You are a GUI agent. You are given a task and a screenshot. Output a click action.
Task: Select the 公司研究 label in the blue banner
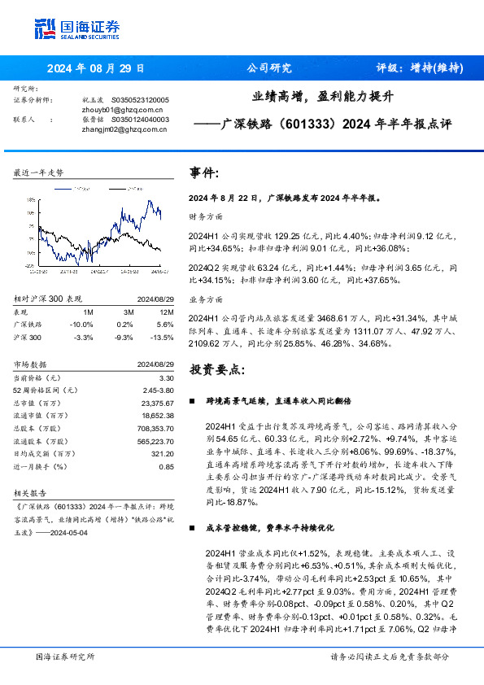pyautogui.click(x=268, y=68)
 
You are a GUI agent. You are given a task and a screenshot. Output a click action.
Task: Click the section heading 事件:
pyautogui.click(x=203, y=172)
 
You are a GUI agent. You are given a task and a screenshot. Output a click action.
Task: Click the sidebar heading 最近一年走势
pyautogui.click(x=38, y=172)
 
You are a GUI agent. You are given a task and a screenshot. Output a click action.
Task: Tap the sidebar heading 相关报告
pyautogui.click(x=31, y=494)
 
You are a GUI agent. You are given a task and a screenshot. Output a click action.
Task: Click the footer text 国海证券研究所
pyautogui.click(x=65, y=657)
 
